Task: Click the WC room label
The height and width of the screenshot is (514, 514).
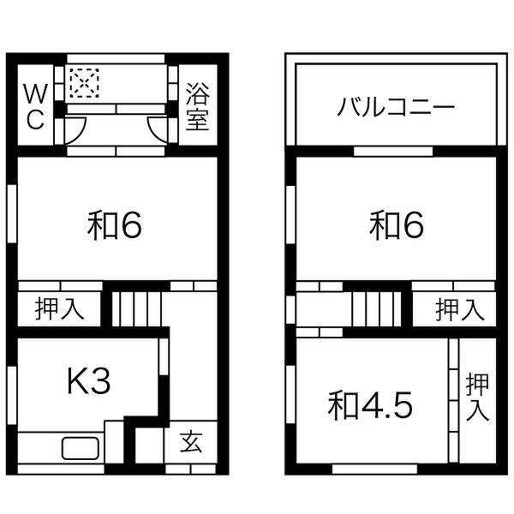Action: (33, 106)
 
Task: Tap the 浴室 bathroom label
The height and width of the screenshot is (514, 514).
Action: (197, 106)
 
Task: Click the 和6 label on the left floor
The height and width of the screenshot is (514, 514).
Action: (114, 225)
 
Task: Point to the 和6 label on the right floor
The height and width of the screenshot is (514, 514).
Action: (397, 225)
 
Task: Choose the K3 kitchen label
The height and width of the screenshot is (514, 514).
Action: (89, 381)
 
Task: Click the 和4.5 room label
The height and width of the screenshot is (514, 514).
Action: (370, 405)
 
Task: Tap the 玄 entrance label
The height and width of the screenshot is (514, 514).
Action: (191, 443)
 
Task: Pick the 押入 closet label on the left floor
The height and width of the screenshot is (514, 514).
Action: (59, 309)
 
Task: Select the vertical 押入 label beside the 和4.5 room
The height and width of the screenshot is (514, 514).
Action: (477, 397)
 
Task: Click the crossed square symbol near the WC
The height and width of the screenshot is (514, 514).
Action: (84, 83)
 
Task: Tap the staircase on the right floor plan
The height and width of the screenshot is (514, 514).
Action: (375, 307)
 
